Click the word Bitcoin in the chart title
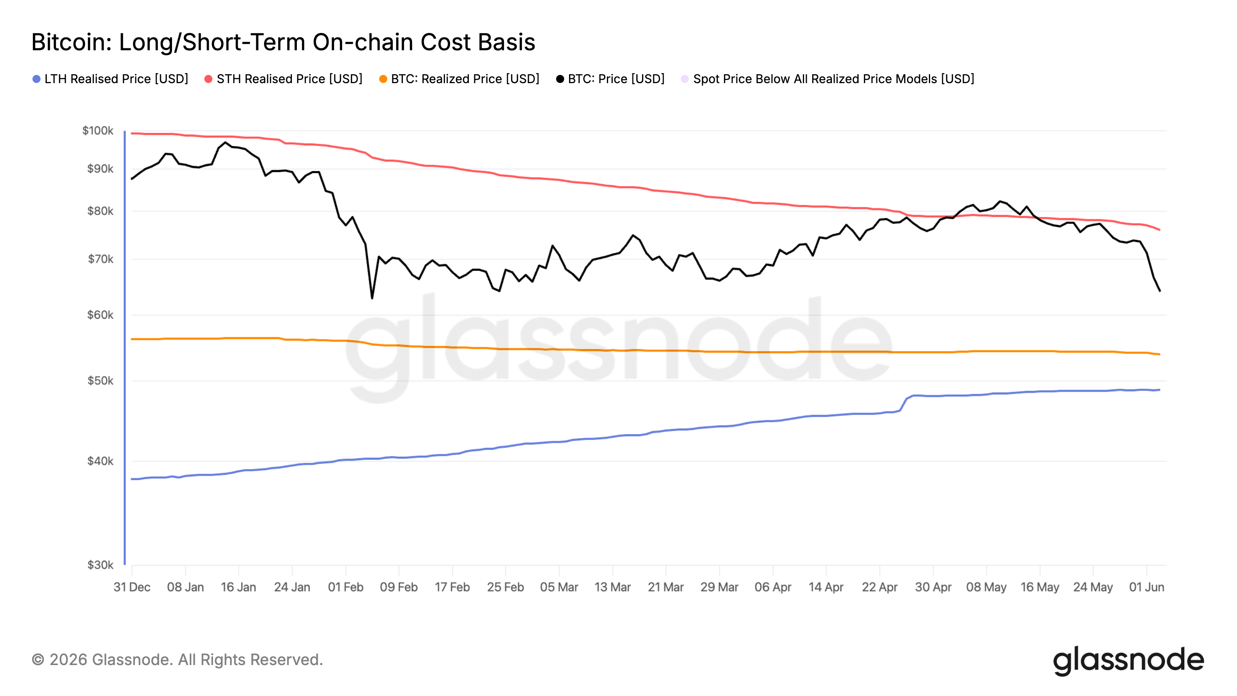pos(71,42)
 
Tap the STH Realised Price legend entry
pos(283,79)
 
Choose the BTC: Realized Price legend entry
pos(459,79)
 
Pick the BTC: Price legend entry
pos(610,79)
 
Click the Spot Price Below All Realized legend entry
pos(827,79)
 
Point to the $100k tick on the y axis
pos(98,131)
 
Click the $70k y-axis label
pos(101,259)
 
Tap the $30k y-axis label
pos(101,565)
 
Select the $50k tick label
pos(101,381)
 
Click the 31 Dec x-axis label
pos(132,587)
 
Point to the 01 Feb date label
pos(346,587)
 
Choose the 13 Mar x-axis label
pos(613,587)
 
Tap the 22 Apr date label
pos(880,587)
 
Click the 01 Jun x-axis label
pos(1147,587)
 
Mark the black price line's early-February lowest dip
pos(372,298)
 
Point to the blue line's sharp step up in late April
pos(903,403)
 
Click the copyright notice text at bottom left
pos(177,660)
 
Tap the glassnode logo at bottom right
pos(1128,661)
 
